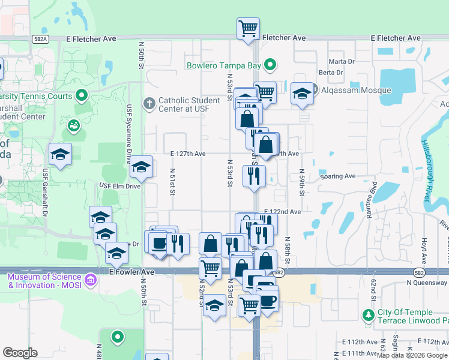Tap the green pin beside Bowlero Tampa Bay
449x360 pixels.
(271, 65)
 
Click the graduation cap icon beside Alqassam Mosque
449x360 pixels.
(302, 93)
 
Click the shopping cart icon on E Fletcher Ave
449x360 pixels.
(248, 28)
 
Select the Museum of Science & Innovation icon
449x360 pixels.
(90, 280)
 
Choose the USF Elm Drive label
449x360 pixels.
(119, 186)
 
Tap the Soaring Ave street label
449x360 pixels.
(339, 176)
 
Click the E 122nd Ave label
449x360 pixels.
(282, 212)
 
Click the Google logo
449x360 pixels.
(20, 353)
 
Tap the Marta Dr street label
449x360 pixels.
(340, 62)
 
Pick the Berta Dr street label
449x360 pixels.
(330, 73)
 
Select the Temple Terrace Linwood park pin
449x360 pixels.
(368, 314)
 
